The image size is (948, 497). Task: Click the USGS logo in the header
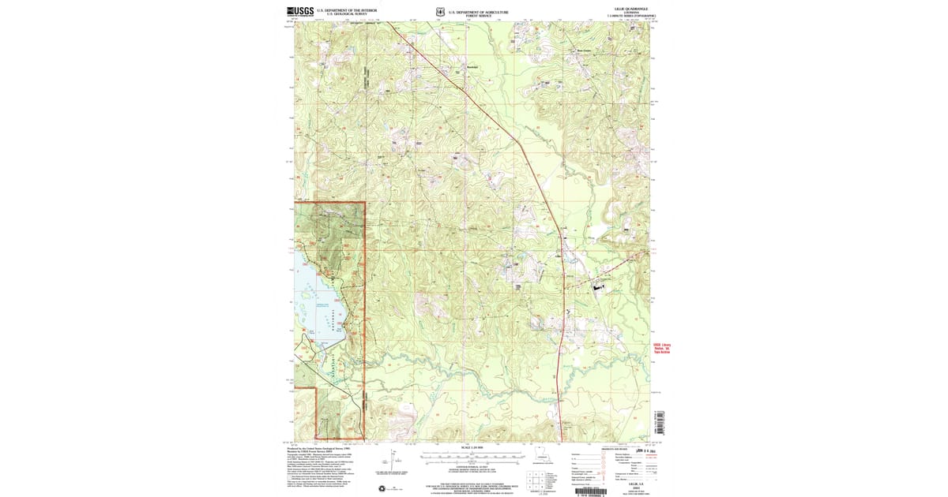pyautogui.click(x=300, y=12)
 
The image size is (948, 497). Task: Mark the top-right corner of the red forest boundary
pyautogui.click(x=365, y=203)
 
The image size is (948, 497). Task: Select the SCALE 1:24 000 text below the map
pyautogui.click(x=471, y=448)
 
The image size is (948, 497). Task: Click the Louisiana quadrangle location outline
pyautogui.click(x=542, y=455)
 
